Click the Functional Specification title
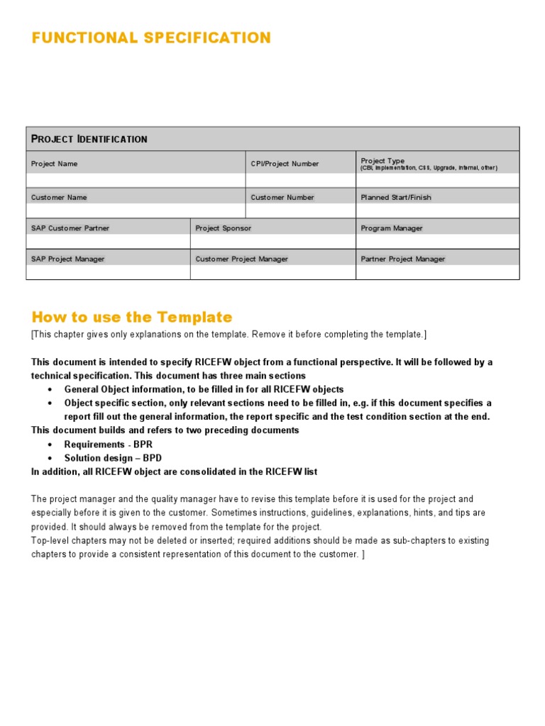tap(150, 38)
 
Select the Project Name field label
tap(55, 164)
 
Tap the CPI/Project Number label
tap(285, 164)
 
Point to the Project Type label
tap(382, 161)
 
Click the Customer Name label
tap(59, 197)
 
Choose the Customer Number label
tap(282, 197)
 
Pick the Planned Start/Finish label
tap(395, 197)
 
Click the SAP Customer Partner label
tap(70, 228)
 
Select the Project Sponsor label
tap(223, 228)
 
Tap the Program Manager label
tap(392, 228)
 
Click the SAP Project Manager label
tap(67, 259)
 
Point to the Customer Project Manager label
tap(241, 259)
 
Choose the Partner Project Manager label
tap(402, 259)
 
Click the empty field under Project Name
tap(136, 180)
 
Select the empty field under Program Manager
tap(437, 242)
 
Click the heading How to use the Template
tap(132, 317)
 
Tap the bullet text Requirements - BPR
tap(109, 445)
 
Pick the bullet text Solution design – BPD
tap(113, 458)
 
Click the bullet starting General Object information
tap(204, 389)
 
